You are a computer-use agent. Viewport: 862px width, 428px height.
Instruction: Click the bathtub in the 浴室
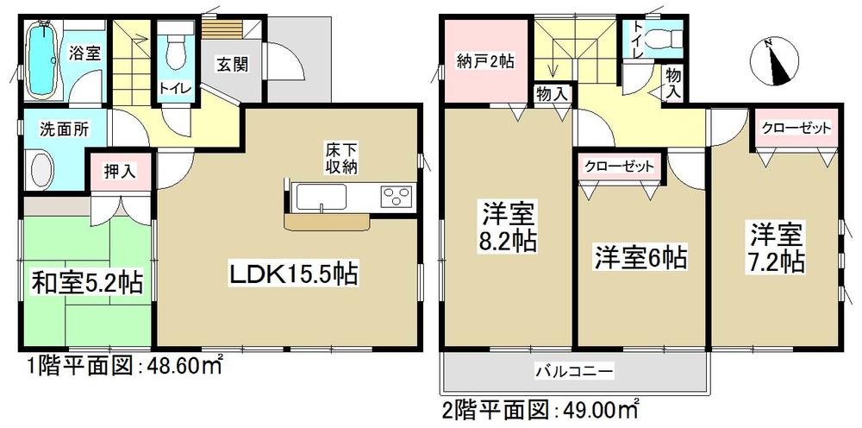point(42,57)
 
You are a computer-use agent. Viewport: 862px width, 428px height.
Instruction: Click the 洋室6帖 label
point(638,256)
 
